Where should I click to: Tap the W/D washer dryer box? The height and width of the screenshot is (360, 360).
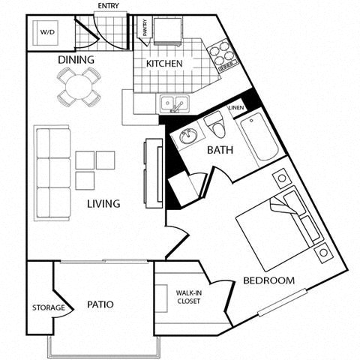[x=46, y=32]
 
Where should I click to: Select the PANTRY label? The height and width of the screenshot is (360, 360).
[x=145, y=28]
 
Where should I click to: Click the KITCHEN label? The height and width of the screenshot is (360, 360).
[x=164, y=64]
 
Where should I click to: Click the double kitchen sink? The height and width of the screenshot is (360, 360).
[x=175, y=105]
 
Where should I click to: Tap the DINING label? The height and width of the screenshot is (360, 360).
[x=76, y=60]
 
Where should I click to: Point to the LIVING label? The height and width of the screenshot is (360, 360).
[x=103, y=204]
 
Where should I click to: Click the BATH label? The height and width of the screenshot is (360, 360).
[x=220, y=150]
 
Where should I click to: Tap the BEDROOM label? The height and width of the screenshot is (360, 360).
[x=268, y=281]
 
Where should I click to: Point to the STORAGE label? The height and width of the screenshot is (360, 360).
[x=46, y=307]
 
